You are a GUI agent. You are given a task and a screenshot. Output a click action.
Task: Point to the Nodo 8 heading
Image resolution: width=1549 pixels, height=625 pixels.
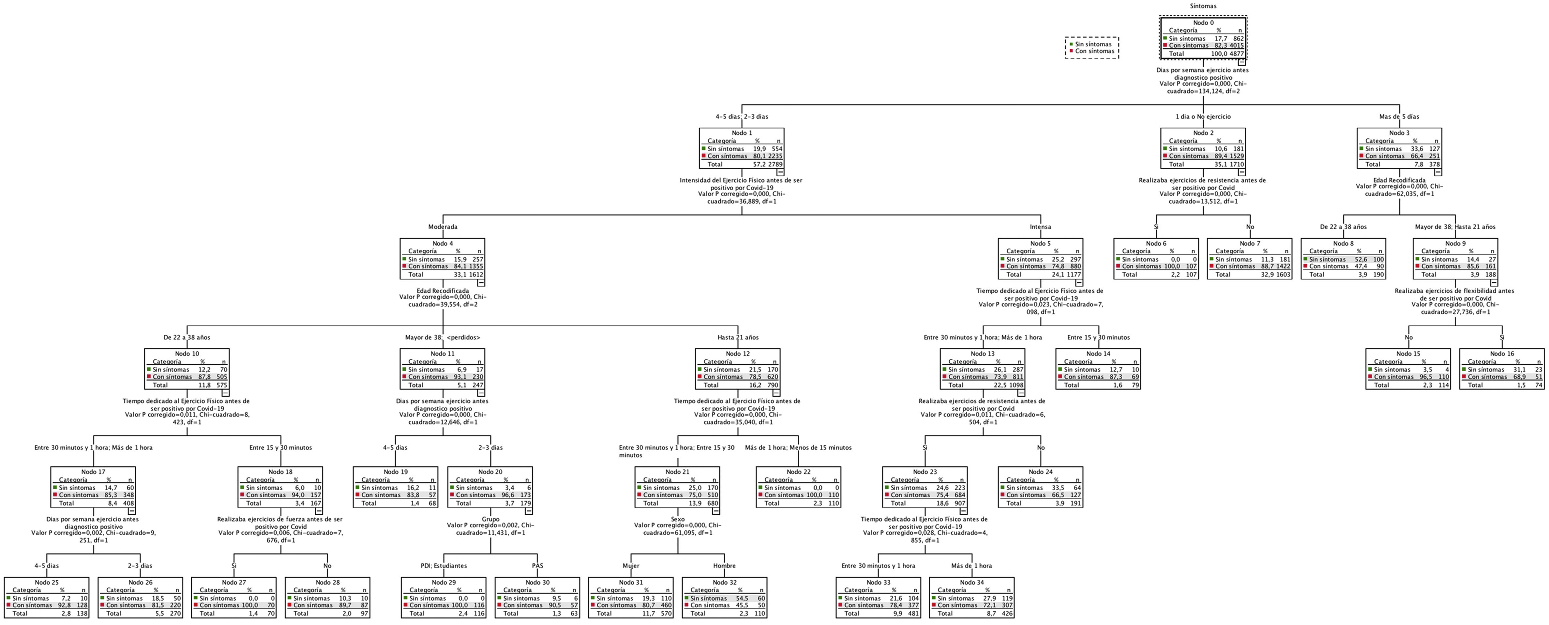point(1343,243)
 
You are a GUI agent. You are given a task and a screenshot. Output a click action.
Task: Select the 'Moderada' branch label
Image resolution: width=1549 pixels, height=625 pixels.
point(443,227)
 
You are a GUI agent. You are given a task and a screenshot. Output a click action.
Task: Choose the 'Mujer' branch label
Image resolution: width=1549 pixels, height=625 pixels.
point(631,566)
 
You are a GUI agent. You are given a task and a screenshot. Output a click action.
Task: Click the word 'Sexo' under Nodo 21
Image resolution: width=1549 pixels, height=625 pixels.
point(678,519)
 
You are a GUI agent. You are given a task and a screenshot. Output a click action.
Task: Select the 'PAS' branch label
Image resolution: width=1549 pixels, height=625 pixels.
point(537,566)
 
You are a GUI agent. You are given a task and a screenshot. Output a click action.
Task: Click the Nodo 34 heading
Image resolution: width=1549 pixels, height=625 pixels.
point(972,582)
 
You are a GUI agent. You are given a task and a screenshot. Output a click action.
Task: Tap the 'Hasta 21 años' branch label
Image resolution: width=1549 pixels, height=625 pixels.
point(738,337)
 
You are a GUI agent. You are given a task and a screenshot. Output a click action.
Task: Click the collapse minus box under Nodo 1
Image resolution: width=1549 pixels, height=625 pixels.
point(780,172)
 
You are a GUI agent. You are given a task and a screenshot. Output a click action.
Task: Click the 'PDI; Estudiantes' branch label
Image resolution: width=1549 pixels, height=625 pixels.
point(444,566)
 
